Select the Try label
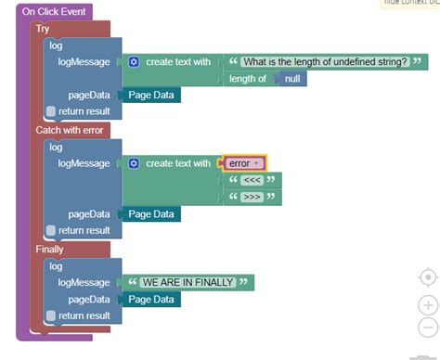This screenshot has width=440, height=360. (x=44, y=29)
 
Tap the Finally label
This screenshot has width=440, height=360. (x=50, y=250)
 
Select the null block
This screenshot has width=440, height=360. (x=293, y=79)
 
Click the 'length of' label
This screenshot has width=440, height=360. (x=248, y=79)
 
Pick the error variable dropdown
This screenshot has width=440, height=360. (x=244, y=163)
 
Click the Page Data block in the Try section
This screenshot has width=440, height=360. (x=150, y=96)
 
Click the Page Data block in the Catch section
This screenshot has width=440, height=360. (x=150, y=214)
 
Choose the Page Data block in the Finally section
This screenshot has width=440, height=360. (x=150, y=300)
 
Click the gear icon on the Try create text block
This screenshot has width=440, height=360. (x=134, y=62)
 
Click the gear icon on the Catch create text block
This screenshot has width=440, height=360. (x=134, y=163)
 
